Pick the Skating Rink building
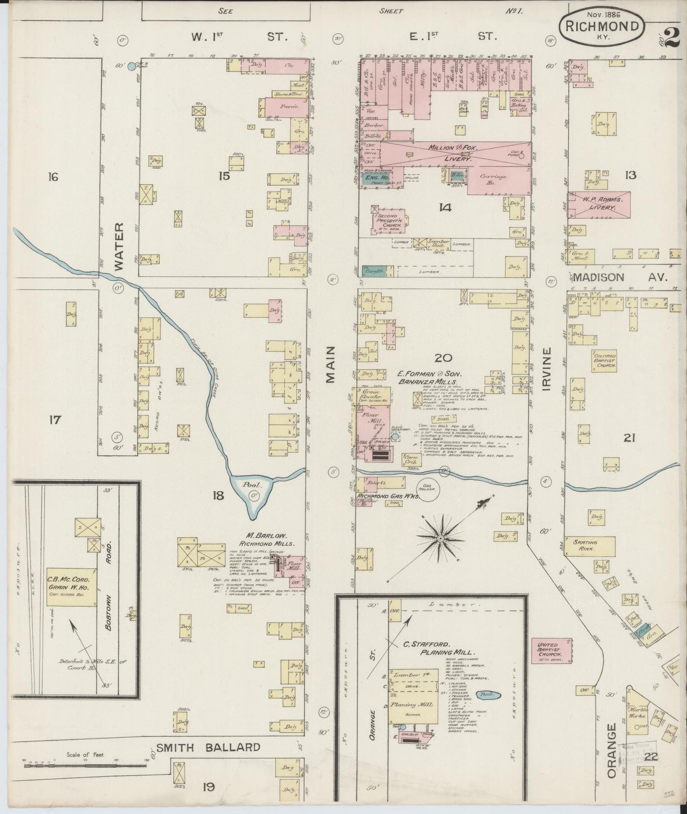point(589,545)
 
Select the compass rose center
point(440,538)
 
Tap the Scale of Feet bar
point(86,774)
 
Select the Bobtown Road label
point(108,599)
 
